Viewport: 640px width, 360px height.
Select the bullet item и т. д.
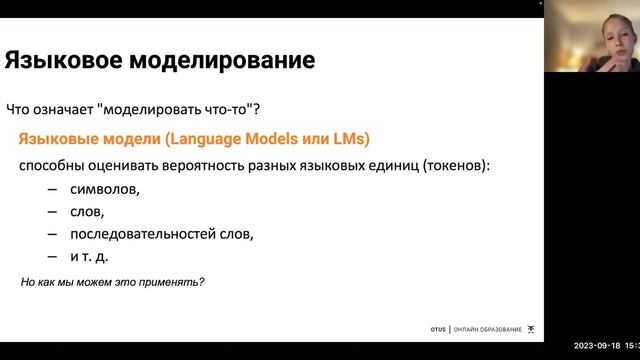tap(91, 257)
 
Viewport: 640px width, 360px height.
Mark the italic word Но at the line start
tap(28, 282)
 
